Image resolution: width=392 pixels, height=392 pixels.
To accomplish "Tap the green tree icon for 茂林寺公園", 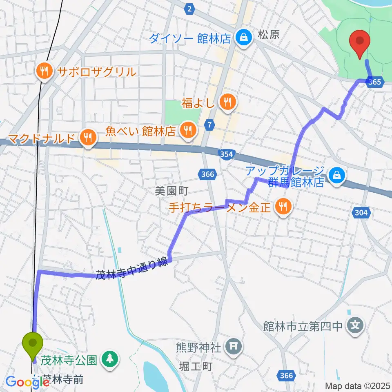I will [x=109, y=360].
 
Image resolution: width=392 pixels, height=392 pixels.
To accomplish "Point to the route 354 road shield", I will [x=226, y=154].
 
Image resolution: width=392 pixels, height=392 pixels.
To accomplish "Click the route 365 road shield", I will [x=374, y=82].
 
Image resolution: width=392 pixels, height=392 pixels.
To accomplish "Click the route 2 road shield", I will [x=189, y=9].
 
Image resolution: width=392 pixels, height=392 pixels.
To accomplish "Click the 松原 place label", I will [x=269, y=35].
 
